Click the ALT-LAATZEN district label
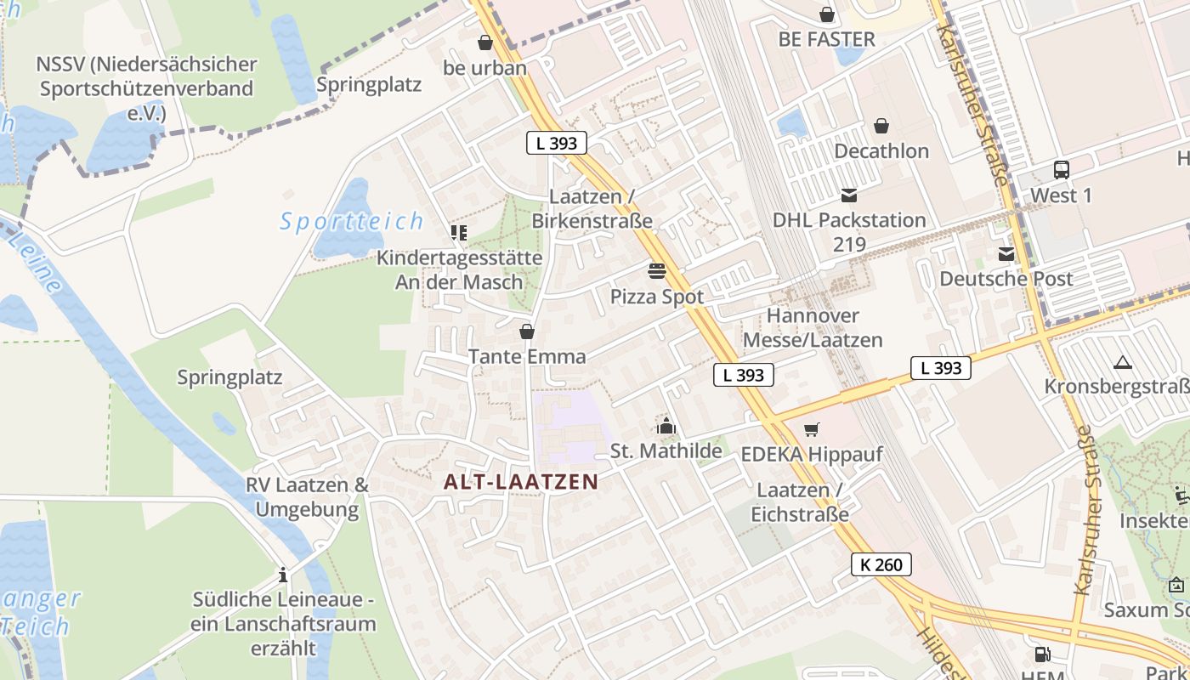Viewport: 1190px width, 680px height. tap(521, 482)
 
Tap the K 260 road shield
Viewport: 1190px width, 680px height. tap(881, 564)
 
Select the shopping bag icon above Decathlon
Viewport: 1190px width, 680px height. tap(881, 127)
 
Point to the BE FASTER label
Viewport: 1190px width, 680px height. tap(826, 39)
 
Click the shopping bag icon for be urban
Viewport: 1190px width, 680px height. tap(485, 42)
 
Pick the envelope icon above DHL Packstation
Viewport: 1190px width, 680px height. tap(848, 195)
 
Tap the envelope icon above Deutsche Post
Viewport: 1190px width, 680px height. tap(1006, 254)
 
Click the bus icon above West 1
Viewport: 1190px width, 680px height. tap(1061, 170)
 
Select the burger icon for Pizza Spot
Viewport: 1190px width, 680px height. tap(657, 271)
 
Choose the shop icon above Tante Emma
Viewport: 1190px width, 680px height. tap(527, 331)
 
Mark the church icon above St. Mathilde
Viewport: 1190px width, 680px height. tap(666, 426)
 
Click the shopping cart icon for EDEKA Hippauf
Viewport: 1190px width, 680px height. tap(812, 429)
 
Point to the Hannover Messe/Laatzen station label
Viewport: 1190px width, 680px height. tap(813, 328)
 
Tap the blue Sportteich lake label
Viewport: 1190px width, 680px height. tap(352, 222)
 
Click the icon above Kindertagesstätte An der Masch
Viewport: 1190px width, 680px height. tap(459, 233)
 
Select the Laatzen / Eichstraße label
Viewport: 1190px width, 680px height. tap(799, 502)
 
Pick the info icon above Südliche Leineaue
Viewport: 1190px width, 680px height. tap(283, 575)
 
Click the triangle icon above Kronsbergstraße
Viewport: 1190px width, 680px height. tap(1122, 363)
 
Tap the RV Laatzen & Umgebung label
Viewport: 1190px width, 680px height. tap(307, 497)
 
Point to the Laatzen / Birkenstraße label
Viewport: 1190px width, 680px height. tap(592, 208)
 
